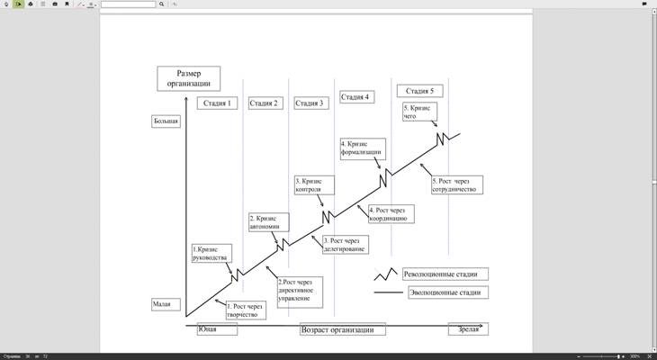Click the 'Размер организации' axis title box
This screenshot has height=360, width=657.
click(189, 78)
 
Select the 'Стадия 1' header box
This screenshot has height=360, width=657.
click(216, 103)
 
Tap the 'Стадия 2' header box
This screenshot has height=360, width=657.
click(264, 103)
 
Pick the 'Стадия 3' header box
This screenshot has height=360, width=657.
click(310, 103)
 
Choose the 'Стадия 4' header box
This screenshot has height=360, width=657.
click(355, 96)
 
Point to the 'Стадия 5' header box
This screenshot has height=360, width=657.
click(419, 91)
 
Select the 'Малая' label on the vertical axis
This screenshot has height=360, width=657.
click(162, 304)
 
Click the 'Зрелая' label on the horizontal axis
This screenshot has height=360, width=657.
click(468, 329)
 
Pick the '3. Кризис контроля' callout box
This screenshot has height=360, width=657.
click(314, 185)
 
